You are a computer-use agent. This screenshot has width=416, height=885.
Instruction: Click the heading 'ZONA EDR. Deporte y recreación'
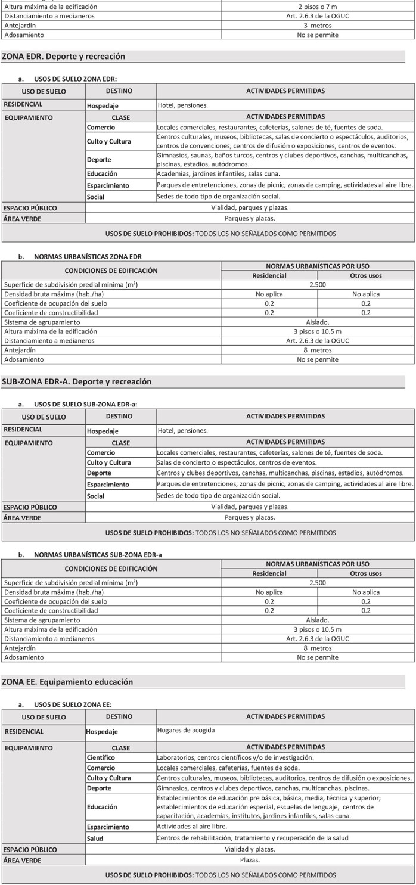click(64, 57)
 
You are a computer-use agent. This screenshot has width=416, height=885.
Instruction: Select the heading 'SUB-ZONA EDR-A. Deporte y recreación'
click(77, 381)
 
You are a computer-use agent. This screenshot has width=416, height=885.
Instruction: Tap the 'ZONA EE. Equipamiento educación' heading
click(67, 682)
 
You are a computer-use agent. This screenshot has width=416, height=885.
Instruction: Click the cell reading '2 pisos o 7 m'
click(317, 7)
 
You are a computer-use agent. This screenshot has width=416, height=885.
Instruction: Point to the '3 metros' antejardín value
click(317, 26)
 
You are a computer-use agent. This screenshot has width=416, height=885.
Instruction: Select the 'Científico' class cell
click(101, 757)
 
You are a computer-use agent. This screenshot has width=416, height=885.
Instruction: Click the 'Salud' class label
click(95, 839)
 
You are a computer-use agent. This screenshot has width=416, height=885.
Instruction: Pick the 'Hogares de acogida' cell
click(186, 730)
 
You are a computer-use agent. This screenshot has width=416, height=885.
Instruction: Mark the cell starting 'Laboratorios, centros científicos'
click(235, 757)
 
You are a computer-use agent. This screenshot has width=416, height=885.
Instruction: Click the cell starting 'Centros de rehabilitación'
click(252, 838)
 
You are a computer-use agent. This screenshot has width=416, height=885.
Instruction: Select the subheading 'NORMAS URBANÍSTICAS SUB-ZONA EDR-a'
click(98, 555)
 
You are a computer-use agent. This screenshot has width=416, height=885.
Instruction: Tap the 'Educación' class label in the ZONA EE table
click(102, 807)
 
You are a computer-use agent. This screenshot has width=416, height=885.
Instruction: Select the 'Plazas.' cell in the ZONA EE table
click(250, 860)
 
